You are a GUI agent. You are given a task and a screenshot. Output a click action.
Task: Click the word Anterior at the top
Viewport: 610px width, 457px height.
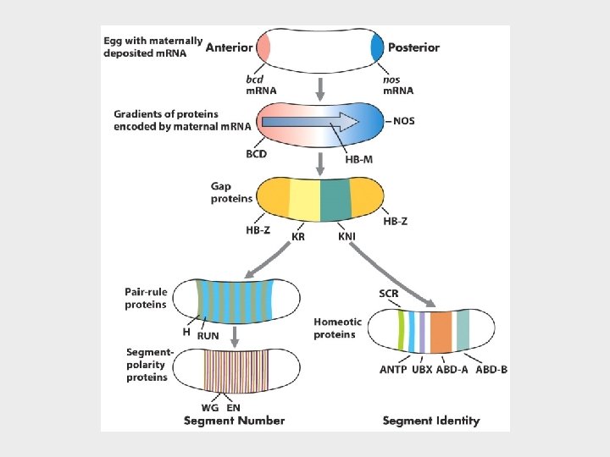233,47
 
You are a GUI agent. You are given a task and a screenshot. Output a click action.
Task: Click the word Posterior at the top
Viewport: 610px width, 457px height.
413,47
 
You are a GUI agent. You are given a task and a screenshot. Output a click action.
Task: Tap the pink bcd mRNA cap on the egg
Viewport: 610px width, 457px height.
263,47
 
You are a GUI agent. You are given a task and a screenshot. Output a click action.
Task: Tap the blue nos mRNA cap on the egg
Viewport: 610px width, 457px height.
377,48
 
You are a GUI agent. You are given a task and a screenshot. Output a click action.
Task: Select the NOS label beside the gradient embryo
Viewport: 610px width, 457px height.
407,121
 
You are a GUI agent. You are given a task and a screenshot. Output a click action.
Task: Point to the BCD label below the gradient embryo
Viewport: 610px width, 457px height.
257,154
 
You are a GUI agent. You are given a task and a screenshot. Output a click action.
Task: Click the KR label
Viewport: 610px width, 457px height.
298,237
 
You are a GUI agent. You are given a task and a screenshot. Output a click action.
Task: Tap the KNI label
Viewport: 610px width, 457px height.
347,237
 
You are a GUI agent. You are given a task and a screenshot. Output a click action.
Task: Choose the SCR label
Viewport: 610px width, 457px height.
389,294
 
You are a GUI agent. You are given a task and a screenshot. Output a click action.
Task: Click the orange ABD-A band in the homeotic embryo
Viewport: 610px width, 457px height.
440,331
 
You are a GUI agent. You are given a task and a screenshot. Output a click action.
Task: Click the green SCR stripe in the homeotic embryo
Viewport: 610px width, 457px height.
401,331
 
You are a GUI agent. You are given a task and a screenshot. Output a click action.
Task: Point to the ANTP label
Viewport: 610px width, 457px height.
393,370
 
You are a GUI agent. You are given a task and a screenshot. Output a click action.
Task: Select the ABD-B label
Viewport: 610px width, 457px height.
491,370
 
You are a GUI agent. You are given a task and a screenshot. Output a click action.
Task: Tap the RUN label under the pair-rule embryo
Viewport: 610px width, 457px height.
208,336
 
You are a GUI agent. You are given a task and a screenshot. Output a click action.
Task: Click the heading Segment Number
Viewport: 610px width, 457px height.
235,421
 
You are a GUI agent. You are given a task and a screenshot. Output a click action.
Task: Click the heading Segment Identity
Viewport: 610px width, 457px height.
430,421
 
